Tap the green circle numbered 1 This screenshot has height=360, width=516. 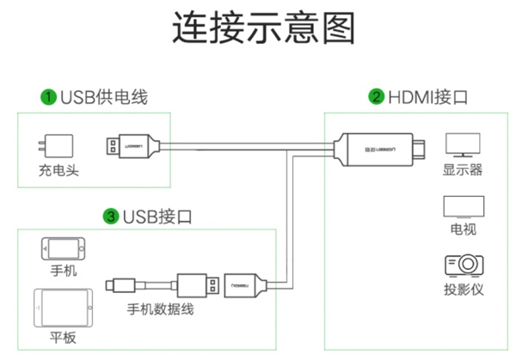pos(49,96)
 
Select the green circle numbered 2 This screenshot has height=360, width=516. pos(376,96)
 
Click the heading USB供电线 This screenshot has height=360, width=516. pos(103,96)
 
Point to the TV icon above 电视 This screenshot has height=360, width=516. pos(462,206)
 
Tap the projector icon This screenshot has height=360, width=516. pos(462,265)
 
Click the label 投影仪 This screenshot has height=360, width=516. pos(463,290)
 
